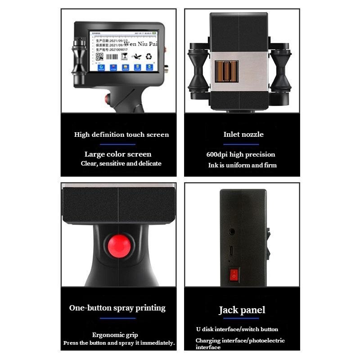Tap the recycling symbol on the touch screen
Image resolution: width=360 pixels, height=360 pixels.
pyautogui.click(x=149, y=57)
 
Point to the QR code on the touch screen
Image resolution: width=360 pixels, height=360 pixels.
pyautogui.click(x=99, y=57)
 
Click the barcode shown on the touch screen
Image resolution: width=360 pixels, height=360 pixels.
pyautogui.click(x=112, y=57)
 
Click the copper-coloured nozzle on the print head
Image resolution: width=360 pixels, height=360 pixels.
pyautogui.click(x=226, y=71)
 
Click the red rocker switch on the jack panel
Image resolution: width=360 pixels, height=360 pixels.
pyautogui.click(x=234, y=274)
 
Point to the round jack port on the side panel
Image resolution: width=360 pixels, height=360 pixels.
pyautogui.click(x=232, y=232)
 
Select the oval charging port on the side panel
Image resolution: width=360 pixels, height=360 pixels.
pyautogui.click(x=231, y=251)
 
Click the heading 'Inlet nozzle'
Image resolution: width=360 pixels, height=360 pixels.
pyautogui.click(x=243, y=134)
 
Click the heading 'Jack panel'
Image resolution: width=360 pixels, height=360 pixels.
pyautogui.click(x=242, y=310)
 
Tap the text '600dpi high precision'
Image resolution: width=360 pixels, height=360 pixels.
pyautogui.click(x=240, y=154)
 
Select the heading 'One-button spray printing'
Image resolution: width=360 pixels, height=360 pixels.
pyautogui.click(x=117, y=308)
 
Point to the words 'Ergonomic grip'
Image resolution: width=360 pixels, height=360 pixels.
pyautogui.click(x=115, y=335)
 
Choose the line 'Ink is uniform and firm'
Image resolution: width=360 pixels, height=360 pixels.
pyautogui.click(x=242, y=165)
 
